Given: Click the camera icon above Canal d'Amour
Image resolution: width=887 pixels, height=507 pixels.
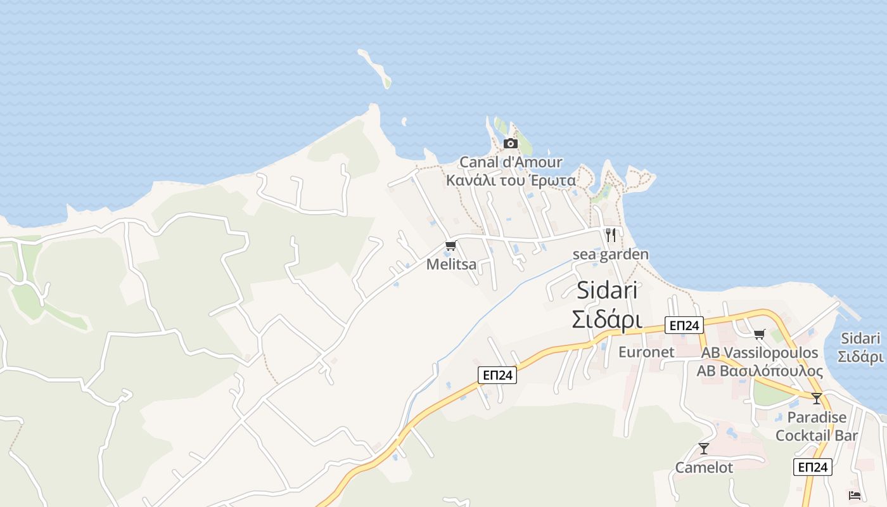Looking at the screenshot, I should pos(510,144).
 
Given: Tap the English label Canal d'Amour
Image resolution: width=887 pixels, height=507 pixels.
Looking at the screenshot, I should pos(511,162).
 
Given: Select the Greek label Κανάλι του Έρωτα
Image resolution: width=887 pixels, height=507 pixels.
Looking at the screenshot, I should pos(511,181).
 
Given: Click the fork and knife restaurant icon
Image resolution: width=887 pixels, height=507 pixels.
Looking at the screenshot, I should pos(611,235).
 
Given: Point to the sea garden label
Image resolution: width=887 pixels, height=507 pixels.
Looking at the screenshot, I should pos(611,255).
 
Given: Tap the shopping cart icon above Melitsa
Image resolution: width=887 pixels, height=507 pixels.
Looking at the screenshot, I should pos(450,246).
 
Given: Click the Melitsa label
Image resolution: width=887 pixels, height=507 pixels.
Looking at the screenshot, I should pos(451,264).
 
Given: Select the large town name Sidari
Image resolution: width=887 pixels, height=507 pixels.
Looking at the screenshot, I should pos(607,290).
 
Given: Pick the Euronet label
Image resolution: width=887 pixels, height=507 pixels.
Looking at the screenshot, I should pos(646,352).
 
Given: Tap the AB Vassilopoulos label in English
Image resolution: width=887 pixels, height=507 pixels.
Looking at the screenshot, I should pos(760,352).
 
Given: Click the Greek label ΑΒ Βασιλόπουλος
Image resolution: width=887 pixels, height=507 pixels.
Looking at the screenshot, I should pos(760,371).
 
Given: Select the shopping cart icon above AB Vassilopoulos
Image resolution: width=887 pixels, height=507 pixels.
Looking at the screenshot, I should pos(759,334).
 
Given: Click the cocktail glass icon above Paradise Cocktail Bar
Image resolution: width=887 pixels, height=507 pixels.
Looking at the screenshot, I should pos(817,399).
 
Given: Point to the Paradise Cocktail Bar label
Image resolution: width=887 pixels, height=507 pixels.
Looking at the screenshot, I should pos(817,427).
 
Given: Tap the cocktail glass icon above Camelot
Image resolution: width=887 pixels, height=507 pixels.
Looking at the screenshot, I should pos(703,449).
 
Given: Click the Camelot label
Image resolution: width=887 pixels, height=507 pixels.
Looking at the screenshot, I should pos(703,468).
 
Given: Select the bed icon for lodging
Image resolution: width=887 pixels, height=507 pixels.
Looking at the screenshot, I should pos(855,495).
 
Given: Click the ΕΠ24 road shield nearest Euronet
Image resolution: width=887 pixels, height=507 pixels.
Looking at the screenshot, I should pos(684,326).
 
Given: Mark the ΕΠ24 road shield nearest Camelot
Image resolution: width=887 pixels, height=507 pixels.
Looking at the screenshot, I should pos(812,467).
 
